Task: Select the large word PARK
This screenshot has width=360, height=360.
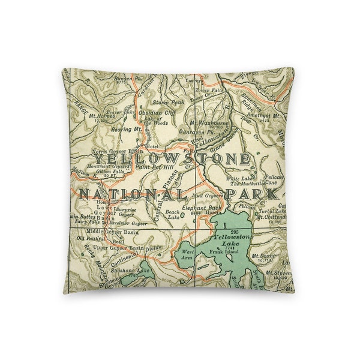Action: click(251, 194)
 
